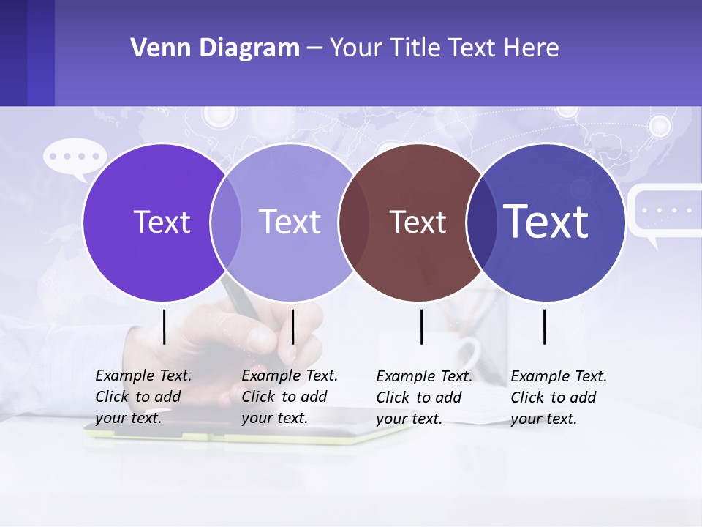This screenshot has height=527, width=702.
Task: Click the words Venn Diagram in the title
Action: pyautogui.click(x=215, y=48)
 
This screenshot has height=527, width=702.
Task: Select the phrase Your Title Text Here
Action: pyautogui.click(x=444, y=48)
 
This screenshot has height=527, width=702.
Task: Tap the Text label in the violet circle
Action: pyautogui.click(x=162, y=222)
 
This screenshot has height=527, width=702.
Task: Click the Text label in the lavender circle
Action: pyautogui.click(x=290, y=222)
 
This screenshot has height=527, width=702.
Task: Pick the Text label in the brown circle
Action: pyautogui.click(x=418, y=222)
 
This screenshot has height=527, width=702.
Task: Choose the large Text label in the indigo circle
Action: pyautogui.click(x=546, y=221)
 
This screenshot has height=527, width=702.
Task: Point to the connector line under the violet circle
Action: pyautogui.click(x=165, y=326)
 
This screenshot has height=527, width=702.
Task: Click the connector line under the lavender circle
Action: pyautogui.click(x=292, y=326)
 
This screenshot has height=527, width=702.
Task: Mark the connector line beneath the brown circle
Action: pyautogui.click(x=422, y=326)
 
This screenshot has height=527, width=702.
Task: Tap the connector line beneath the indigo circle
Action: pyautogui.click(x=545, y=326)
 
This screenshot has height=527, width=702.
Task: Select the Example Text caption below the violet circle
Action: pyautogui.click(x=143, y=397)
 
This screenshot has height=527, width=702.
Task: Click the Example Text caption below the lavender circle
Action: pyautogui.click(x=290, y=397)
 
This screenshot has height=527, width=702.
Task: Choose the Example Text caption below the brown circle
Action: pyautogui.click(x=424, y=397)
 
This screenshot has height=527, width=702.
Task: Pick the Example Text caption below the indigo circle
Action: pyautogui.click(x=559, y=397)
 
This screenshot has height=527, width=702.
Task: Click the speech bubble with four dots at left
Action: pyautogui.click(x=75, y=157)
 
